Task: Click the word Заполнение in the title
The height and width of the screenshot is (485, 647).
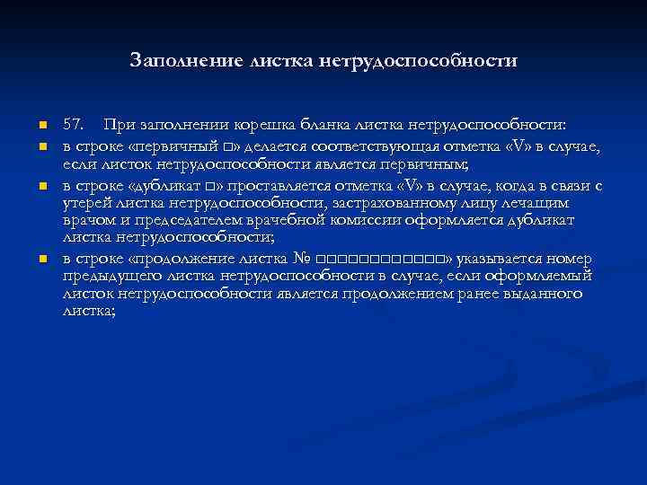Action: [184, 61]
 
